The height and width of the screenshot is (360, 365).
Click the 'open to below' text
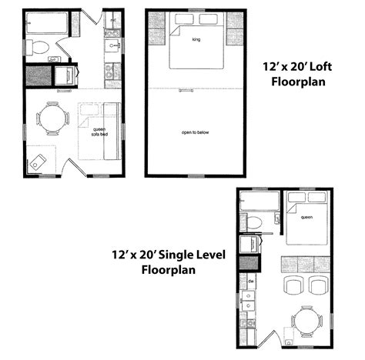[195, 132]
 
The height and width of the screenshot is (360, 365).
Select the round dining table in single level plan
[306, 318]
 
